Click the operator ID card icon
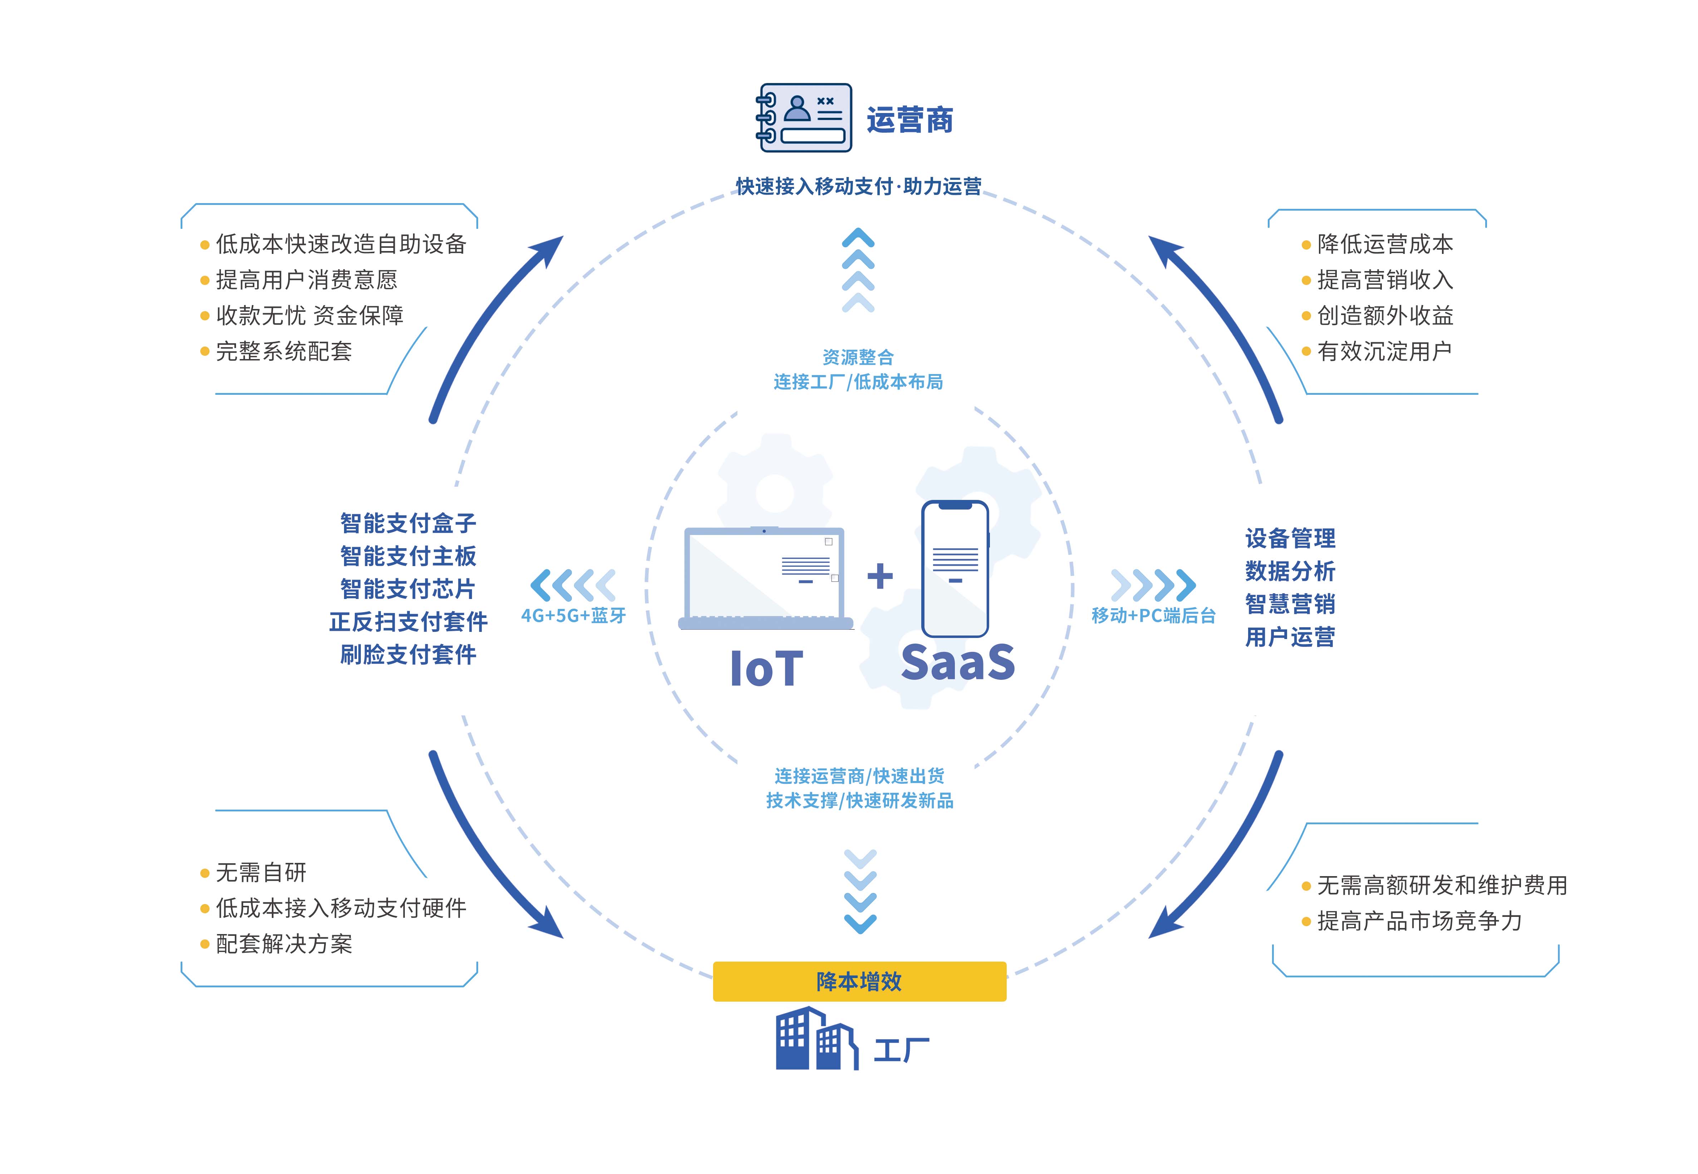tap(804, 118)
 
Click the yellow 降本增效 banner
tap(859, 981)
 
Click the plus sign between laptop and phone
tap(880, 576)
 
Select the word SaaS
tap(958, 662)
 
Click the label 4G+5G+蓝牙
tap(573, 616)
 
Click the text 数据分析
tap(1290, 571)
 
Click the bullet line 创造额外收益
tap(1377, 315)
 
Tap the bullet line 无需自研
tap(254, 873)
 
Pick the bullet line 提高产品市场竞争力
tap(1411, 921)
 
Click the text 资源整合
tap(858, 358)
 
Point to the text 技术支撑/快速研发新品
tap(859, 800)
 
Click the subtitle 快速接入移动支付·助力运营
tap(859, 186)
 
